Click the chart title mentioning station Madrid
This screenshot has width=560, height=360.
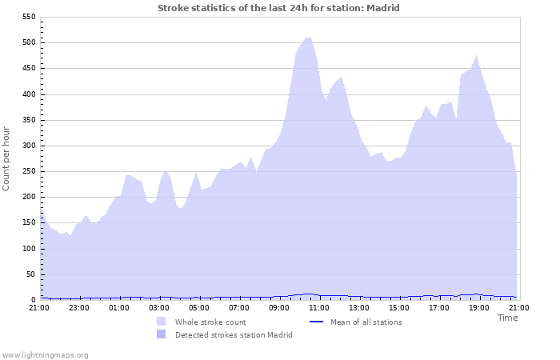[278, 8]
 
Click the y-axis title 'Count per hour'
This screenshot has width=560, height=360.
[7, 158]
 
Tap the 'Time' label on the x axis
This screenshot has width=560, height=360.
[507, 318]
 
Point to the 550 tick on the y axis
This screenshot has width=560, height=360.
[27, 17]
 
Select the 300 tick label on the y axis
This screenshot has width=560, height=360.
[27, 146]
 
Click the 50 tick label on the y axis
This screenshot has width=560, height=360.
[30, 274]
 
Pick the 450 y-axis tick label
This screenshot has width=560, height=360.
[27, 69]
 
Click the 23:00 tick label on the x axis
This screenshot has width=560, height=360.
[79, 307]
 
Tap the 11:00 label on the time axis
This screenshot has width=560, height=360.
[319, 307]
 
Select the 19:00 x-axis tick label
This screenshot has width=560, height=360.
[479, 307]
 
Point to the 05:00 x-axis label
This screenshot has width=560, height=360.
[199, 307]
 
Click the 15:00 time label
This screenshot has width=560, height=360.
[399, 307]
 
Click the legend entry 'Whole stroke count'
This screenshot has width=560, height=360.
[210, 322]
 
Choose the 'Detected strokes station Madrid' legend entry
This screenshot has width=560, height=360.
[234, 334]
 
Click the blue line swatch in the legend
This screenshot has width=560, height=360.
[315, 322]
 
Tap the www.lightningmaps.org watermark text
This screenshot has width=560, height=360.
[45, 354]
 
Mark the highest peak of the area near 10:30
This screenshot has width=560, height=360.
[308, 38]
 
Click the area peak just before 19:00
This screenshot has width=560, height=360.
[477, 56]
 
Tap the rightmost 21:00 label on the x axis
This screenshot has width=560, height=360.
[519, 307]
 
